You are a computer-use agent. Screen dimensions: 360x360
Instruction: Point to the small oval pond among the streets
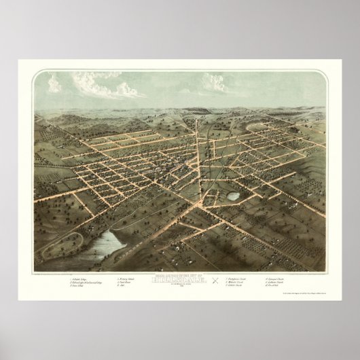click(x=233, y=196)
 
